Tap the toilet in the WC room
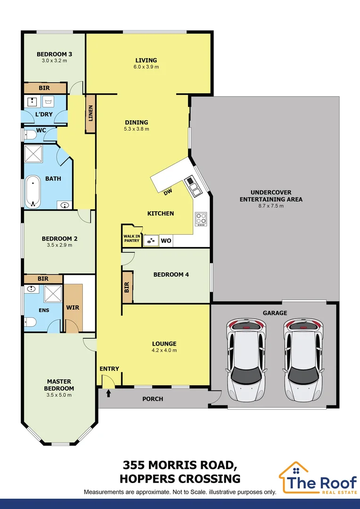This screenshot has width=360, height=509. (x=30, y=134)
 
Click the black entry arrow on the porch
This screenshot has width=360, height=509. (x=108, y=393)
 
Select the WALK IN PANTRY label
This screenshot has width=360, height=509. (x=131, y=238)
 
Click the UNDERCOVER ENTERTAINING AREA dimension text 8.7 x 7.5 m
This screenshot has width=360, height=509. (x=270, y=206)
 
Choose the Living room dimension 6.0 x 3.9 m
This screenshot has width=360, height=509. (x=146, y=67)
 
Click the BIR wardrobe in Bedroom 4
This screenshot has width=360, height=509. (x=127, y=287)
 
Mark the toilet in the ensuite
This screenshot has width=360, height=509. (x=30, y=322)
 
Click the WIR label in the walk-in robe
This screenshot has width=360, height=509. (x=73, y=308)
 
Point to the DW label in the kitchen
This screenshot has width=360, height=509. (x=167, y=192)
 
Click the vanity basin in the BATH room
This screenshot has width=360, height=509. (x=65, y=205)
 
